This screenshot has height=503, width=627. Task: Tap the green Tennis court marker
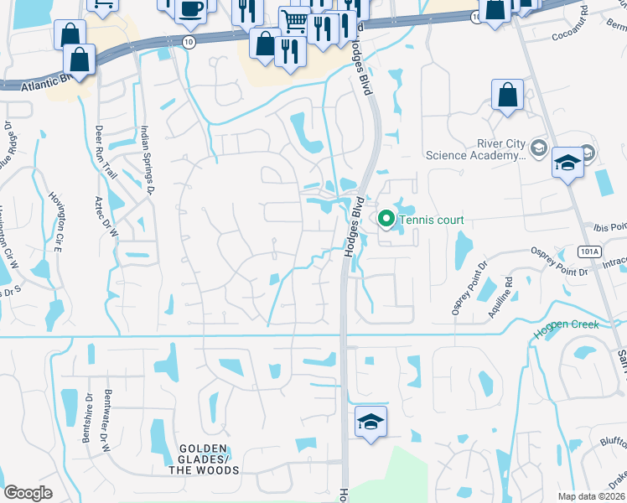(386, 220)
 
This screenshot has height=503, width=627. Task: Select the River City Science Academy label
(475, 148)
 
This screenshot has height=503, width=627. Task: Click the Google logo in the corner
(28, 493)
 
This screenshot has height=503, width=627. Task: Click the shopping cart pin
(294, 20)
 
